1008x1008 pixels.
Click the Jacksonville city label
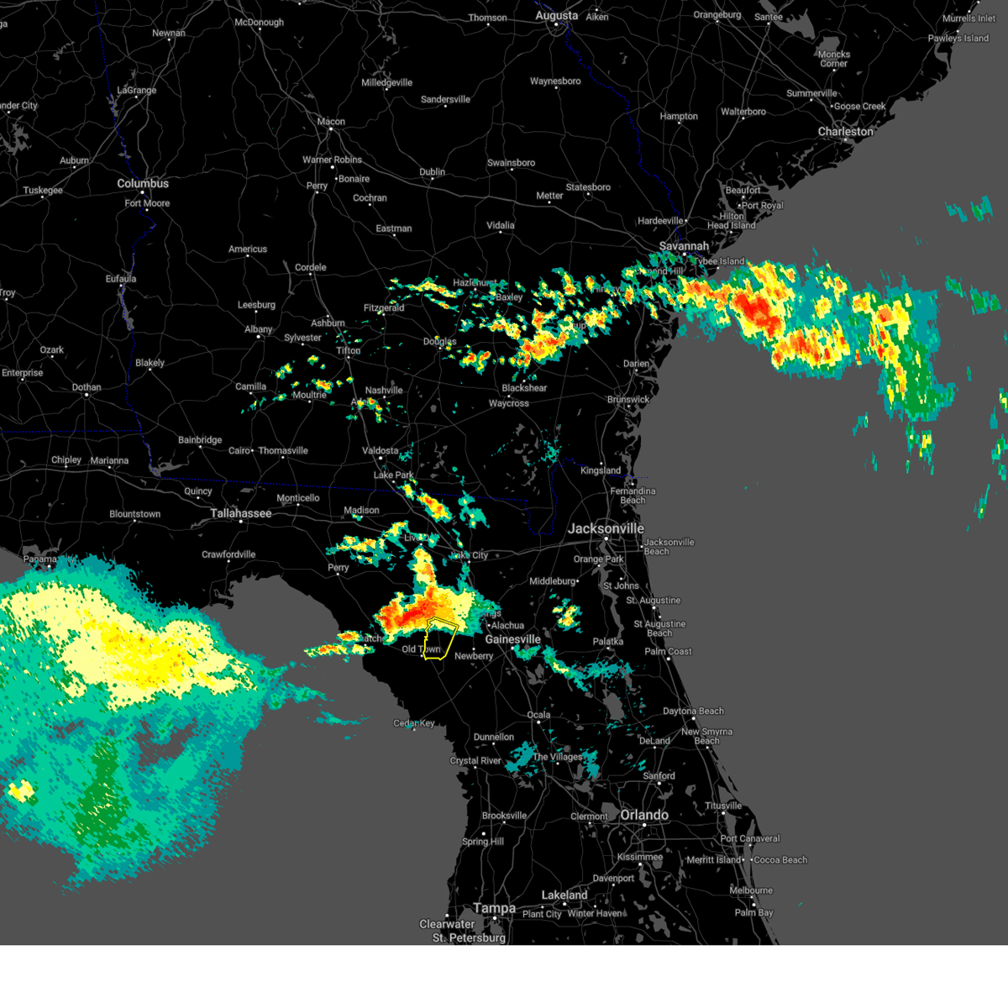click(x=606, y=528)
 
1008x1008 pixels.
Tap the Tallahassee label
click(x=241, y=513)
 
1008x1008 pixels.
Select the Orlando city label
click(x=644, y=815)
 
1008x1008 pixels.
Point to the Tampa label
click(x=494, y=908)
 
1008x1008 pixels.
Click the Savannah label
click(x=684, y=246)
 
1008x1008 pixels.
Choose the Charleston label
click(x=846, y=132)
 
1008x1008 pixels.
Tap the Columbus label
click(x=143, y=183)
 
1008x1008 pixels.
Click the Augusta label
click(x=556, y=16)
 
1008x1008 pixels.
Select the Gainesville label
click(x=512, y=639)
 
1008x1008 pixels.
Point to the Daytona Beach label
click(x=693, y=711)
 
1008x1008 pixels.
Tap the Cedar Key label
click(x=414, y=723)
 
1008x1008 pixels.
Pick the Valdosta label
click(x=380, y=451)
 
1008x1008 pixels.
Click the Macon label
click(x=331, y=122)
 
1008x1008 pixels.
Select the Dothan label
click(x=87, y=387)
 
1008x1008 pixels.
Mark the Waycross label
click(x=509, y=403)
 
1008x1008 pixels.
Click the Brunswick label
click(x=628, y=399)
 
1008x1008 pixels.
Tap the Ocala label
click(x=538, y=715)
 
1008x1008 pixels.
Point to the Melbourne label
click(x=751, y=890)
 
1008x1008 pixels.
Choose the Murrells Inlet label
click(x=969, y=18)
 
